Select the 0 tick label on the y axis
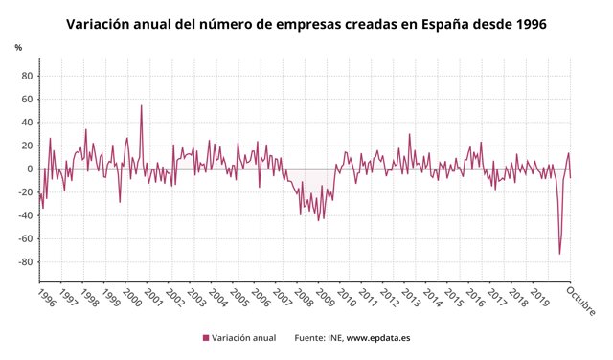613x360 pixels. click(x=31, y=169)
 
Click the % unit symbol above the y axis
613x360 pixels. click(x=18, y=47)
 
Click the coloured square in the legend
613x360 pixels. click(x=205, y=338)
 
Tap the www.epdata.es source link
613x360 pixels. click(x=378, y=338)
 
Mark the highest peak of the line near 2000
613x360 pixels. click(x=142, y=105)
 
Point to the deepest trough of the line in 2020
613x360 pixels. click(x=559, y=255)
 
